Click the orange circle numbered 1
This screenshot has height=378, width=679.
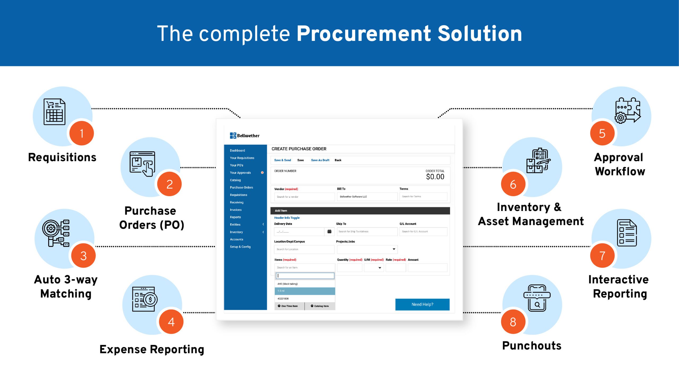click(x=82, y=133)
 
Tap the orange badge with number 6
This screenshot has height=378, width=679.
click(x=513, y=184)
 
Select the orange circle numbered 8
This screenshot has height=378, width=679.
click(x=513, y=322)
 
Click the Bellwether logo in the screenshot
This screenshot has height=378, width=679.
click(x=245, y=135)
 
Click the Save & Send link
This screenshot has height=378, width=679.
click(x=282, y=160)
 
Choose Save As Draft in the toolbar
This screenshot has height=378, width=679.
click(x=320, y=160)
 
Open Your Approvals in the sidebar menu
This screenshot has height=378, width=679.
click(x=240, y=173)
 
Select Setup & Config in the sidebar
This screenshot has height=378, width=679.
click(x=240, y=247)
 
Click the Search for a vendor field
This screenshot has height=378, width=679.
click(x=304, y=197)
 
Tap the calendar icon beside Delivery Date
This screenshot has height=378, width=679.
click(x=329, y=232)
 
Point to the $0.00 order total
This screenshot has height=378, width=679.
click(x=435, y=177)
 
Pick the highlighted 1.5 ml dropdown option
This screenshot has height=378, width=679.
click(x=305, y=291)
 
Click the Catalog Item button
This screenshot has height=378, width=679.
click(x=320, y=306)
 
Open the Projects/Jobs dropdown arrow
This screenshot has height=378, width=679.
click(x=394, y=249)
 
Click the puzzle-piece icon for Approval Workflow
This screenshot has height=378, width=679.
click(x=628, y=111)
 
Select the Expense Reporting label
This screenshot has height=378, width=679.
click(x=152, y=349)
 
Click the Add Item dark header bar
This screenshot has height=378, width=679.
click(x=360, y=211)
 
